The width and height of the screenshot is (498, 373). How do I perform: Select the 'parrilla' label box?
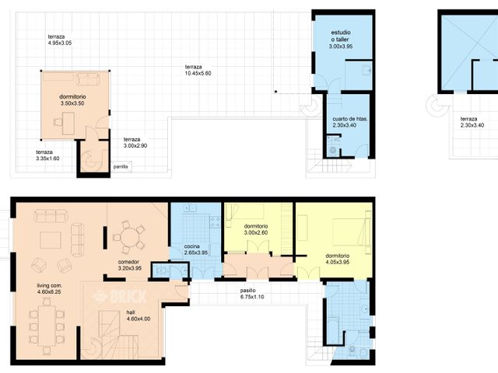pos(121,166)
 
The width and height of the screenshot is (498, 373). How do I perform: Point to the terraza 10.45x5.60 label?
pos(198,69)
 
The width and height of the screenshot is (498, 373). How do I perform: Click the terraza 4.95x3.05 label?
pos(59,40)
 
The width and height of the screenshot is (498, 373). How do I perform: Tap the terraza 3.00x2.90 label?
pos(135,142)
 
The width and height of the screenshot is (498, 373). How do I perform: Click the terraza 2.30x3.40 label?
pos(472,121)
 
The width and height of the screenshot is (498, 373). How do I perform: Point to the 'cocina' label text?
pos(195,249)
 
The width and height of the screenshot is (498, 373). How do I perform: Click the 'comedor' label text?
pos(128,265)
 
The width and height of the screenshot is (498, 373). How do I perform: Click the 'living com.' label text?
pos(49,290)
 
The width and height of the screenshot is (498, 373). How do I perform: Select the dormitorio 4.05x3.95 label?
pos(337,259)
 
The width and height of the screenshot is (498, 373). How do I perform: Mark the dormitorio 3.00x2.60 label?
pos(255,229)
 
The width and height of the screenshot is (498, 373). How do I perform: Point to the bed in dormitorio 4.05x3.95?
pos(345,231)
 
